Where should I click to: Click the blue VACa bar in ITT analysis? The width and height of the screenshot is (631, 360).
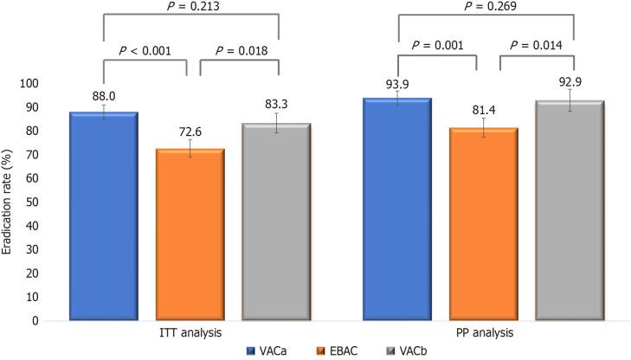click(x=103, y=216)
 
